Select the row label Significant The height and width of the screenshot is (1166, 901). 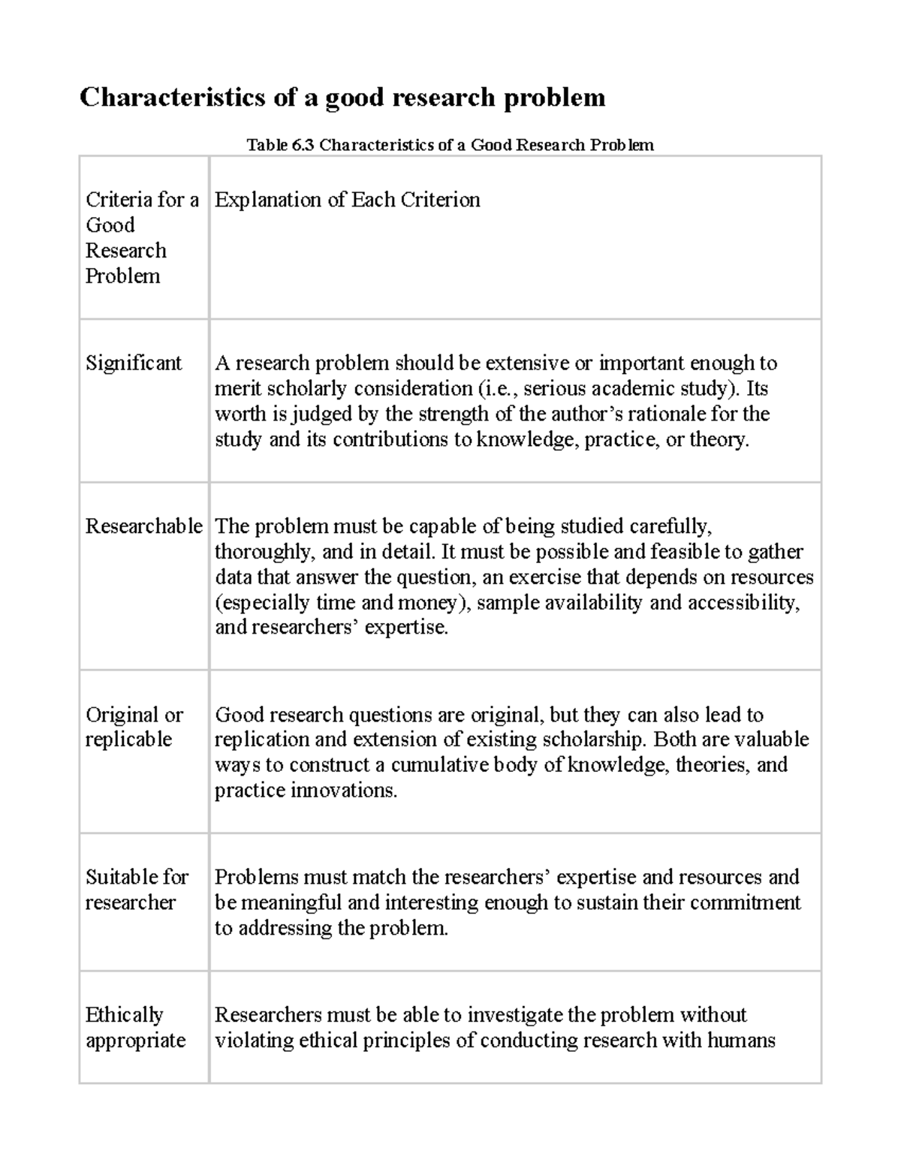pyautogui.click(x=134, y=363)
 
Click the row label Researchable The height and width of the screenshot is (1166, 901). pyautogui.click(x=143, y=526)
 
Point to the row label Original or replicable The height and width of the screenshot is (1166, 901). pyautogui.click(x=134, y=727)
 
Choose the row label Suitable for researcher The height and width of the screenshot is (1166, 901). pyautogui.click(x=137, y=890)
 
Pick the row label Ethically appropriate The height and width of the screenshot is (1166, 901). pyautogui.click(x=135, y=1027)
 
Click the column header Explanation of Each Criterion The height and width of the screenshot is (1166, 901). pyautogui.click(x=347, y=200)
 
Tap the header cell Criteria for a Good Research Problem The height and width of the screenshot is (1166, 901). pyautogui.click(x=141, y=237)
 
